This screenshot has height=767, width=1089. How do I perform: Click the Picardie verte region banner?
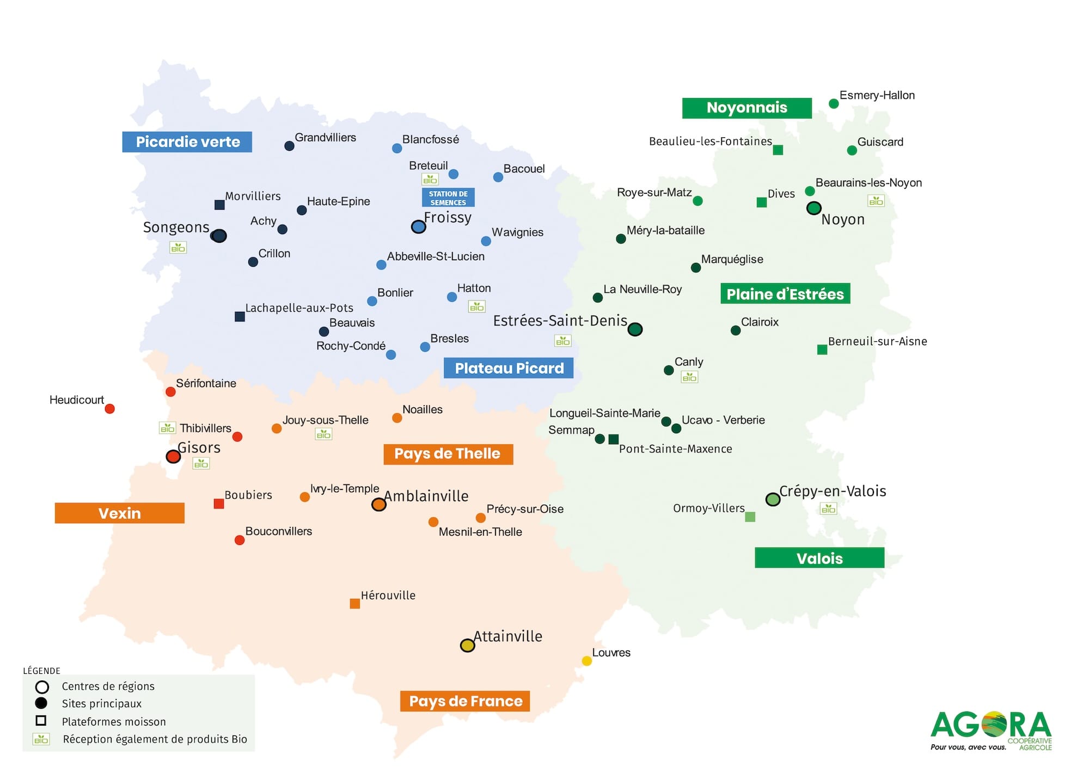click(x=187, y=142)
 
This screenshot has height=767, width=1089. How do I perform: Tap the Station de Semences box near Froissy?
click(x=448, y=198)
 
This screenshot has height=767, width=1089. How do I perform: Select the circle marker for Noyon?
click(x=813, y=208)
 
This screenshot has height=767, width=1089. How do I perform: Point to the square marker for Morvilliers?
click(x=219, y=205)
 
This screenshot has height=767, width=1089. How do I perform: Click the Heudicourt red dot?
click(x=109, y=409)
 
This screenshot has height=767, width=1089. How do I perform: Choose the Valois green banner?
click(x=819, y=558)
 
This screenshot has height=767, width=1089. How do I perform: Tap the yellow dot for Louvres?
click(x=586, y=661)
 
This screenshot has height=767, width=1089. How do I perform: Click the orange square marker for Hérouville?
click(x=354, y=604)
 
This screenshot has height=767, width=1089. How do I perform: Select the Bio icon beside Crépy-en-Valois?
click(x=828, y=509)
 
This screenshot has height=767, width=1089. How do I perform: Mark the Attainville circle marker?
click(x=467, y=646)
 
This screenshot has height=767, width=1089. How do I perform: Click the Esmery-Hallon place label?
click(x=877, y=95)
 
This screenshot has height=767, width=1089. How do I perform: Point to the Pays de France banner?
click(x=466, y=701)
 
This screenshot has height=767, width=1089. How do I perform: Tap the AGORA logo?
click(x=991, y=729)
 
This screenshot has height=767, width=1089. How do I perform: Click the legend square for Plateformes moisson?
click(x=41, y=721)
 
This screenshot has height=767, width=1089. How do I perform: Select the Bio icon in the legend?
click(x=41, y=739)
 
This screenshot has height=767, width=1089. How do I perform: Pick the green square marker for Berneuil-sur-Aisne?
click(x=822, y=349)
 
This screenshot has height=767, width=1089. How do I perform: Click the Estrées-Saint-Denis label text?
click(x=560, y=321)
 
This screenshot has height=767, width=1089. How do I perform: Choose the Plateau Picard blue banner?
click(x=509, y=369)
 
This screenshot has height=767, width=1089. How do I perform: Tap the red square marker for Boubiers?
click(x=219, y=504)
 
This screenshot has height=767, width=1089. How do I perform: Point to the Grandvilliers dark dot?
click(x=290, y=146)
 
